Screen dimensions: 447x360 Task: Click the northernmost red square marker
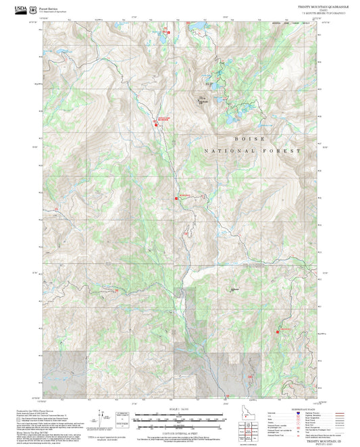pos(168,30)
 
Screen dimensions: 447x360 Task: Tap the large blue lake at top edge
pos(197,27)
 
